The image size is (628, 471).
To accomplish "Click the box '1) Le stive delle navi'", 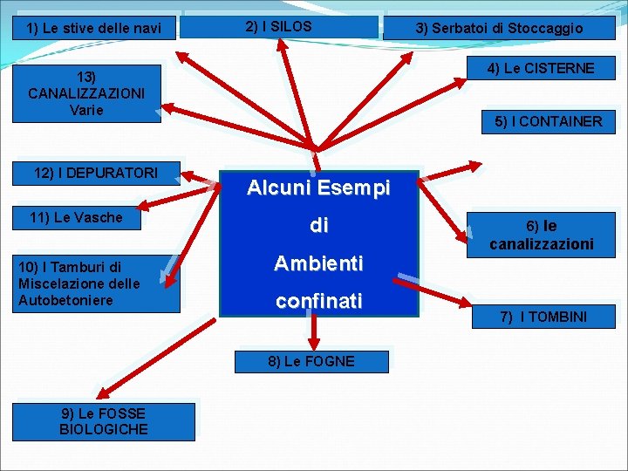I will [x=94, y=29].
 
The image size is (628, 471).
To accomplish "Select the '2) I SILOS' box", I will [x=279, y=27].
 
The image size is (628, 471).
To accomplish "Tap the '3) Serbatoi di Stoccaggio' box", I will [x=499, y=29].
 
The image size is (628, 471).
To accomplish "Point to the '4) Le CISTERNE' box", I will [x=541, y=68].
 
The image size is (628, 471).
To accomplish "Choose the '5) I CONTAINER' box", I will [x=548, y=121].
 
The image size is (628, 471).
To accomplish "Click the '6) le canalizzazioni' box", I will [x=541, y=235].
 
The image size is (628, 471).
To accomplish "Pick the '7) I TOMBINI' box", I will [x=543, y=317].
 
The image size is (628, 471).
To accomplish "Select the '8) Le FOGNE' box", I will [x=311, y=361].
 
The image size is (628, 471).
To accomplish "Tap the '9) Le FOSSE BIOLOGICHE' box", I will [x=103, y=420].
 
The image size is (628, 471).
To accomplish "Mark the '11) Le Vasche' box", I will [x=76, y=217].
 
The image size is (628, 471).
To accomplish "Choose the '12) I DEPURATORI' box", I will [x=96, y=173].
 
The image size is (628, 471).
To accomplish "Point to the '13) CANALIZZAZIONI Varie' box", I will [x=86, y=93].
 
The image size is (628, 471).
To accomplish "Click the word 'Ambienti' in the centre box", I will [x=319, y=263].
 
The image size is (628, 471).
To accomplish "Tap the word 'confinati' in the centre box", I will [x=319, y=301].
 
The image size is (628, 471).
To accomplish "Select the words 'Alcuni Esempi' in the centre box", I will [x=319, y=188].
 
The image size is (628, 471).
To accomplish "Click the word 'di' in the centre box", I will [x=319, y=225].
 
